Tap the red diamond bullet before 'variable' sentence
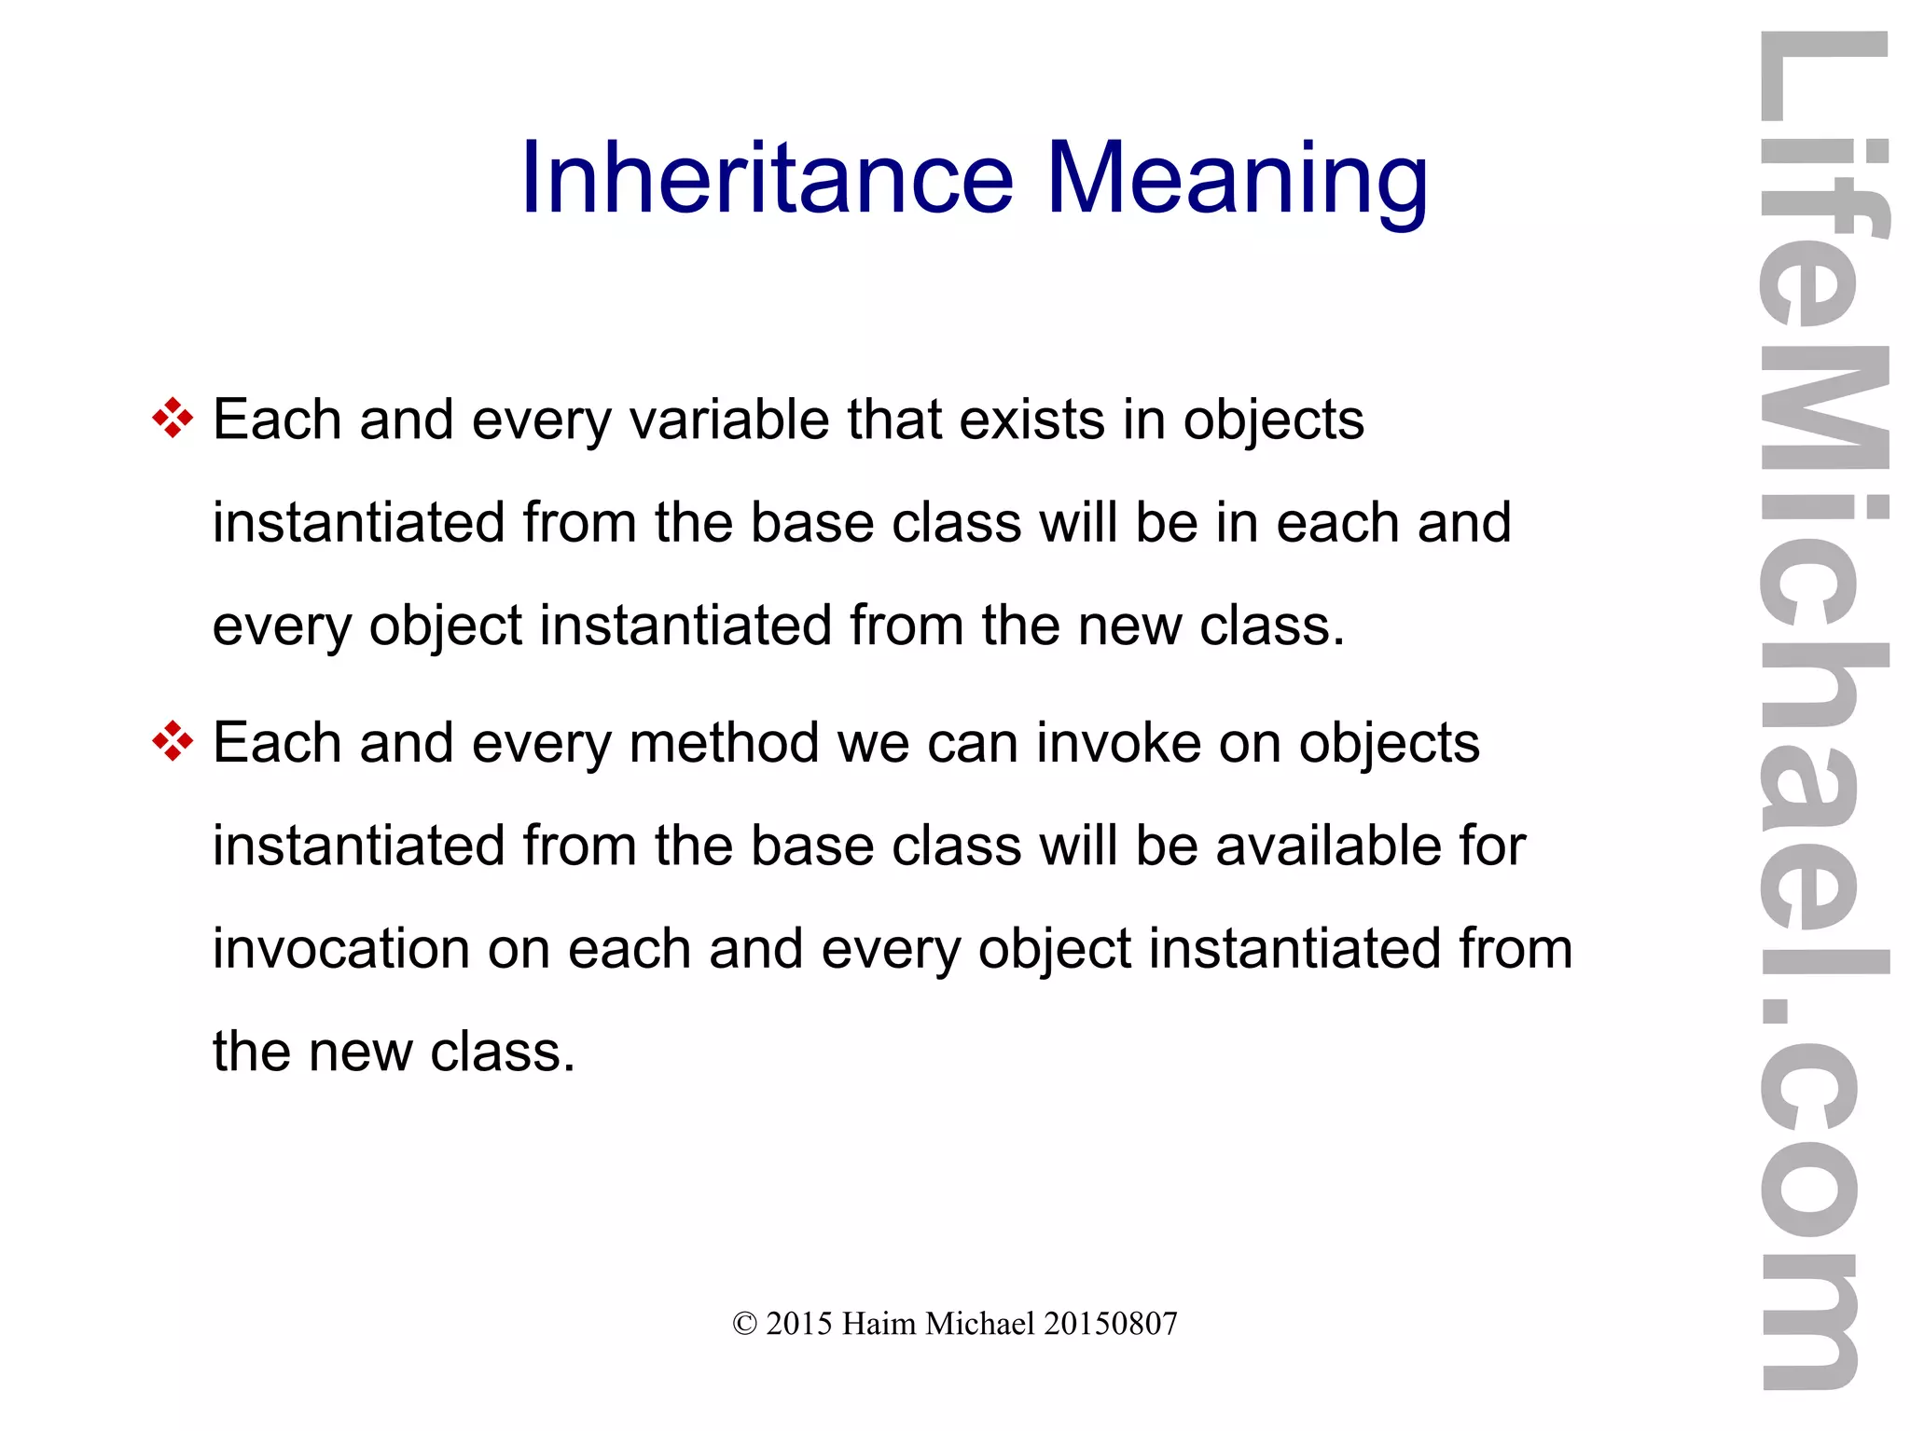point(173,418)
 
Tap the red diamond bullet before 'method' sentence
point(173,741)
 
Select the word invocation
point(341,948)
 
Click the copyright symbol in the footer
point(744,1324)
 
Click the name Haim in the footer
point(879,1324)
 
